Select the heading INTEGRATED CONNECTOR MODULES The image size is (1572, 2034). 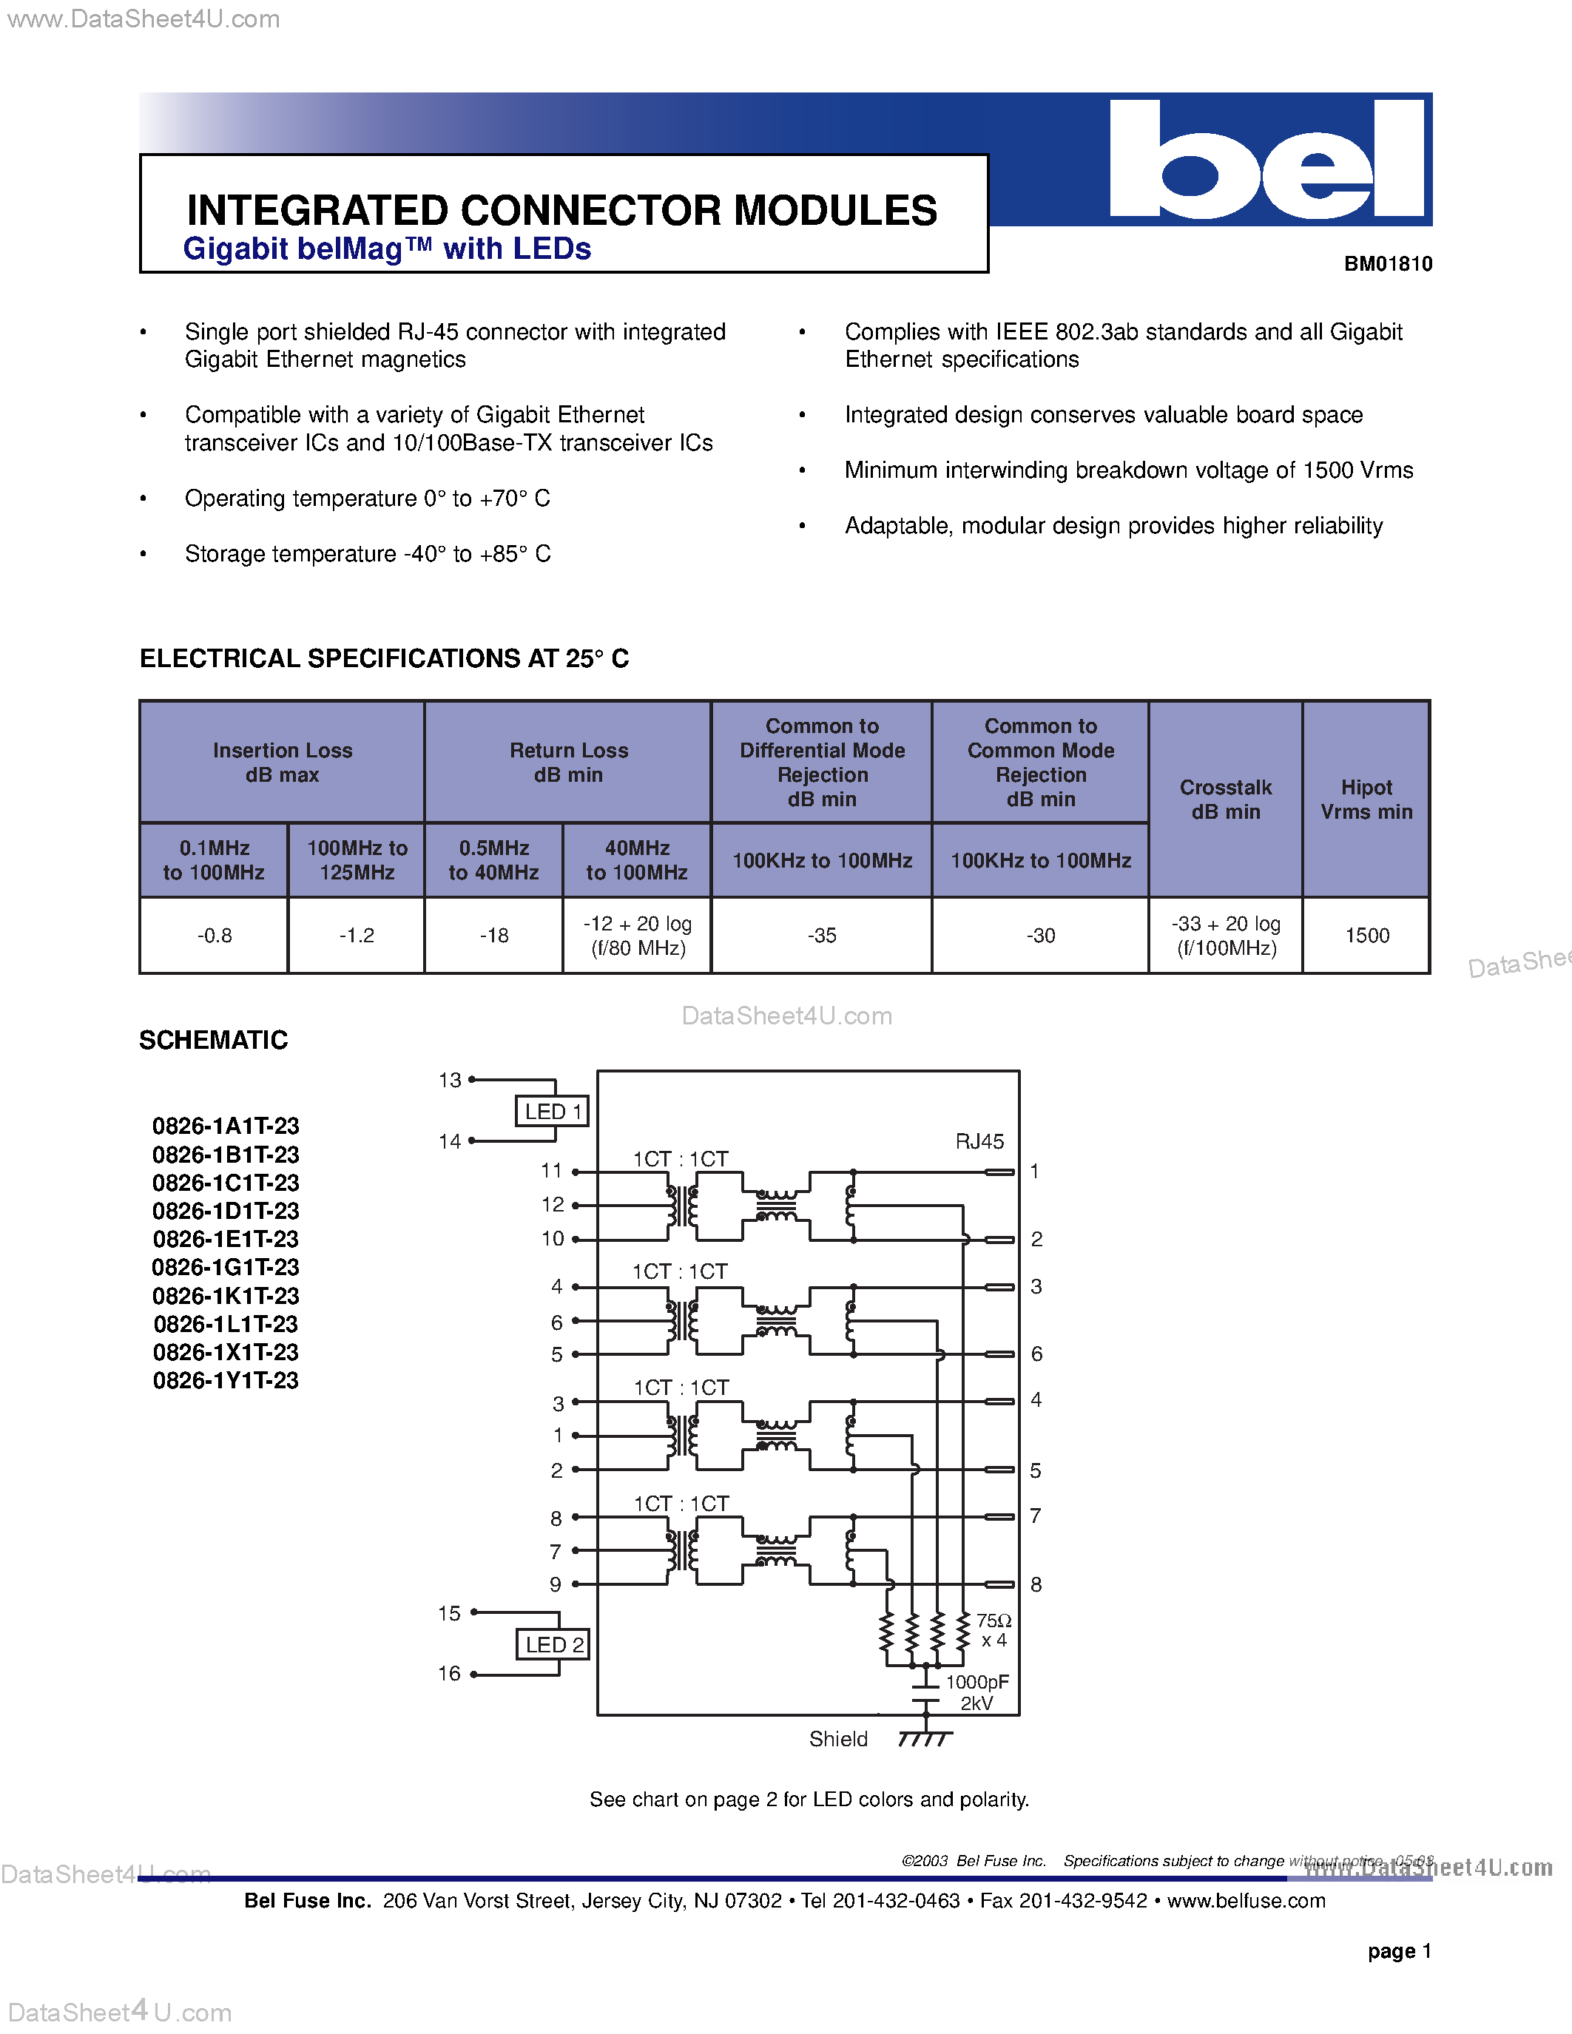pos(561,211)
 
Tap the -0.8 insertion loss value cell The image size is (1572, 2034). pos(215,935)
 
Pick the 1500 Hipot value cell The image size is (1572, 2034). pos(1366,935)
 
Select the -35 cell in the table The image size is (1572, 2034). pos(821,935)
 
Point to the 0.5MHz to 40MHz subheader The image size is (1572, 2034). pos(493,859)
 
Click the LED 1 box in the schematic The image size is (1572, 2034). pos(553,1111)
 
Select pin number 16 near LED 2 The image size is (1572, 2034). pos(449,1674)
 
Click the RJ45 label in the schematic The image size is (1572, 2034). pos(979,1141)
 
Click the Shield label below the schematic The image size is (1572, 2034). pos(837,1739)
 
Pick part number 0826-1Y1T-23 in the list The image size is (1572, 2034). pos(226,1380)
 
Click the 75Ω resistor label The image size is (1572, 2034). pos(993,1621)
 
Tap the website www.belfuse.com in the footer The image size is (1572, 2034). pos(1245,1901)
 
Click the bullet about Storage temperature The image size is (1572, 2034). pos(367,554)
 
